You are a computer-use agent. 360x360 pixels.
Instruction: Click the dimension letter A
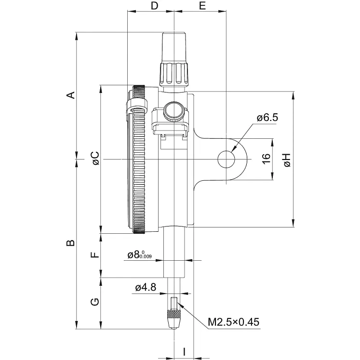(x=71, y=94)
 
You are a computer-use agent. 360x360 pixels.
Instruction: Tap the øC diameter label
(x=95, y=158)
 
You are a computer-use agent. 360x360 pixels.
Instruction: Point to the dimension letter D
(x=154, y=6)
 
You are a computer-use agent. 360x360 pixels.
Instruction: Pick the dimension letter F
(x=95, y=255)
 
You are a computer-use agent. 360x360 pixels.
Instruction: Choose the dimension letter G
(x=95, y=303)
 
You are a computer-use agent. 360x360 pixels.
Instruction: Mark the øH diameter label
(x=287, y=160)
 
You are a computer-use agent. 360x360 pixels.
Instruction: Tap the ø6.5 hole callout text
(x=267, y=117)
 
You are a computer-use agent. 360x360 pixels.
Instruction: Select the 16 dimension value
(x=266, y=160)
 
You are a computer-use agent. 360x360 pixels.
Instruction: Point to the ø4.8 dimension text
(x=146, y=288)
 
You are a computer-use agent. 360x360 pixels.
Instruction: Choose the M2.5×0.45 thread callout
(x=234, y=321)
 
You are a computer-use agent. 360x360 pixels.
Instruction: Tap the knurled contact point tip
(x=173, y=320)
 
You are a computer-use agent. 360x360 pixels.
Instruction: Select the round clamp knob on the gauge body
(x=173, y=111)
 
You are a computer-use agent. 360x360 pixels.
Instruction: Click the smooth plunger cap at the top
(x=173, y=47)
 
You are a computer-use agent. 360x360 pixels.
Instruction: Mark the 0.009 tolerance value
(x=146, y=257)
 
